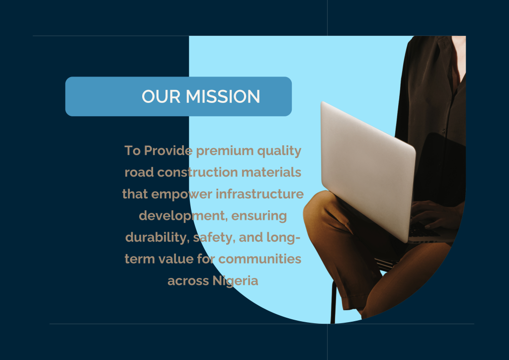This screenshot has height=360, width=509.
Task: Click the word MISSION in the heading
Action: click(223, 96)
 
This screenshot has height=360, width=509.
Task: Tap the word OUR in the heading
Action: click(161, 96)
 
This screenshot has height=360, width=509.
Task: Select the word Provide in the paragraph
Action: click(168, 150)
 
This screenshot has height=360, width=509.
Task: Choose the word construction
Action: click(198, 172)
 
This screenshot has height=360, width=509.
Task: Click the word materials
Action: click(271, 172)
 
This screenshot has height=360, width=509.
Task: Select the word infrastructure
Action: click(259, 194)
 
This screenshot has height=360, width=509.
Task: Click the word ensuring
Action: click(259, 216)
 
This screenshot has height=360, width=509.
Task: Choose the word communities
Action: click(259, 259)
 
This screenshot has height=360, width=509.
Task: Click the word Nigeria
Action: click(235, 281)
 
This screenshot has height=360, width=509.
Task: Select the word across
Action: click(188, 281)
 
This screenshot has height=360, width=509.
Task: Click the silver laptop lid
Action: click(368, 169)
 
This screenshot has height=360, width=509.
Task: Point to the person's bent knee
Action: click(317, 208)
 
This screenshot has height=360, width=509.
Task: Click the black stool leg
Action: click(333, 302)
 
